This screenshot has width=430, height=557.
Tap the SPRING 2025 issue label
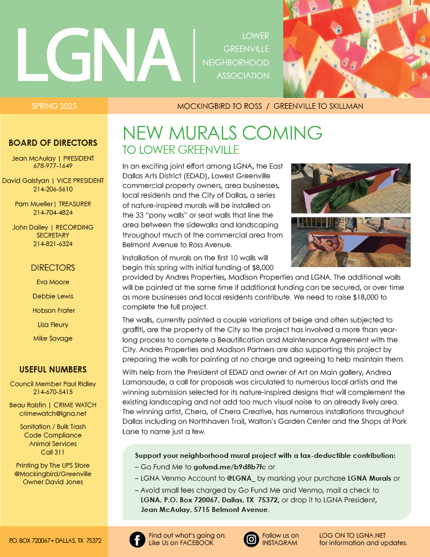coord(54,106)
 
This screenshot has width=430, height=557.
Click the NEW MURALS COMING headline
coord(222,133)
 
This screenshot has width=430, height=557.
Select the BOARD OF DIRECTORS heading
coord(53,143)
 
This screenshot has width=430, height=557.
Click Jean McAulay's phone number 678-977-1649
coord(53,166)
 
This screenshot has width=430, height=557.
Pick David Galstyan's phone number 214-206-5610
coord(53,189)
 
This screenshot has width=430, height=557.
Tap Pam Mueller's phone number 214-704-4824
coord(53,212)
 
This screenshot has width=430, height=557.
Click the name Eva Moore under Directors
coord(53,282)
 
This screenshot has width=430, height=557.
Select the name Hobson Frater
coord(53,310)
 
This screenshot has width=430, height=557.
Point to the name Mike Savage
coord(53,338)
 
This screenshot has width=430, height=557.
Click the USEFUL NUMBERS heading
coord(53,370)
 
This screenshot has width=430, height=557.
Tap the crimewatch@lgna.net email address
coord(53,413)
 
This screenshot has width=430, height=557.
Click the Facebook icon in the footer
coord(137,539)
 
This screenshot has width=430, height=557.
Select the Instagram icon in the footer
coord(251,539)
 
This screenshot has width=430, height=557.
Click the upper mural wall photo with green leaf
coord(350,189)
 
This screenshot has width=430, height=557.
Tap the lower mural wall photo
coord(350,241)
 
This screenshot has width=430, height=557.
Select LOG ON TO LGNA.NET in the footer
coord(353,535)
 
